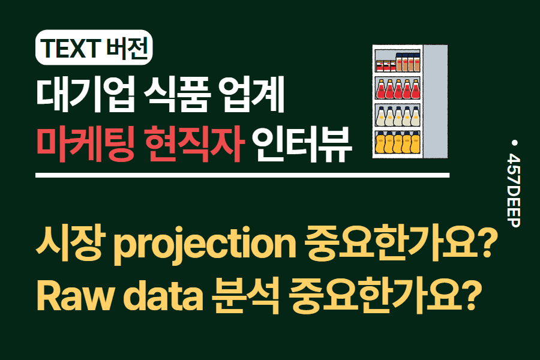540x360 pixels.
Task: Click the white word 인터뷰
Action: pyautogui.click(x=302, y=146)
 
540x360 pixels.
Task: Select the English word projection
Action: pyautogui.click(x=202, y=246)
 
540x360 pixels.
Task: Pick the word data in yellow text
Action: pyautogui.click(x=158, y=295)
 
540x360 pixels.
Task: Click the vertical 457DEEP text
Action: pyautogui.click(x=514, y=190)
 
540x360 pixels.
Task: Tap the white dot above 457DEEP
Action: pyautogui.click(x=514, y=143)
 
